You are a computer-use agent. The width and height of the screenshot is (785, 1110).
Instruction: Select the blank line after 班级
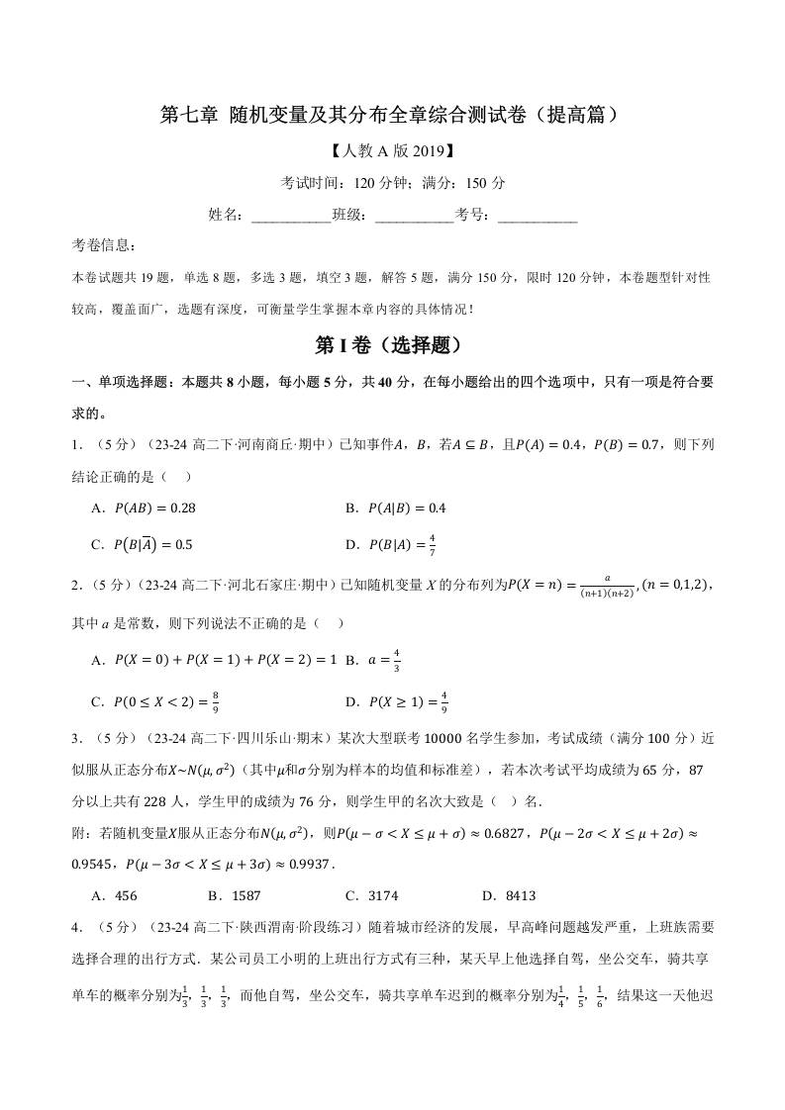point(415,215)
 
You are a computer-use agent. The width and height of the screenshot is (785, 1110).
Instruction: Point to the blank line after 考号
point(538,215)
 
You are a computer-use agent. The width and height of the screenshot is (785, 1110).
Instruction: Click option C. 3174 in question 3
point(371,896)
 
